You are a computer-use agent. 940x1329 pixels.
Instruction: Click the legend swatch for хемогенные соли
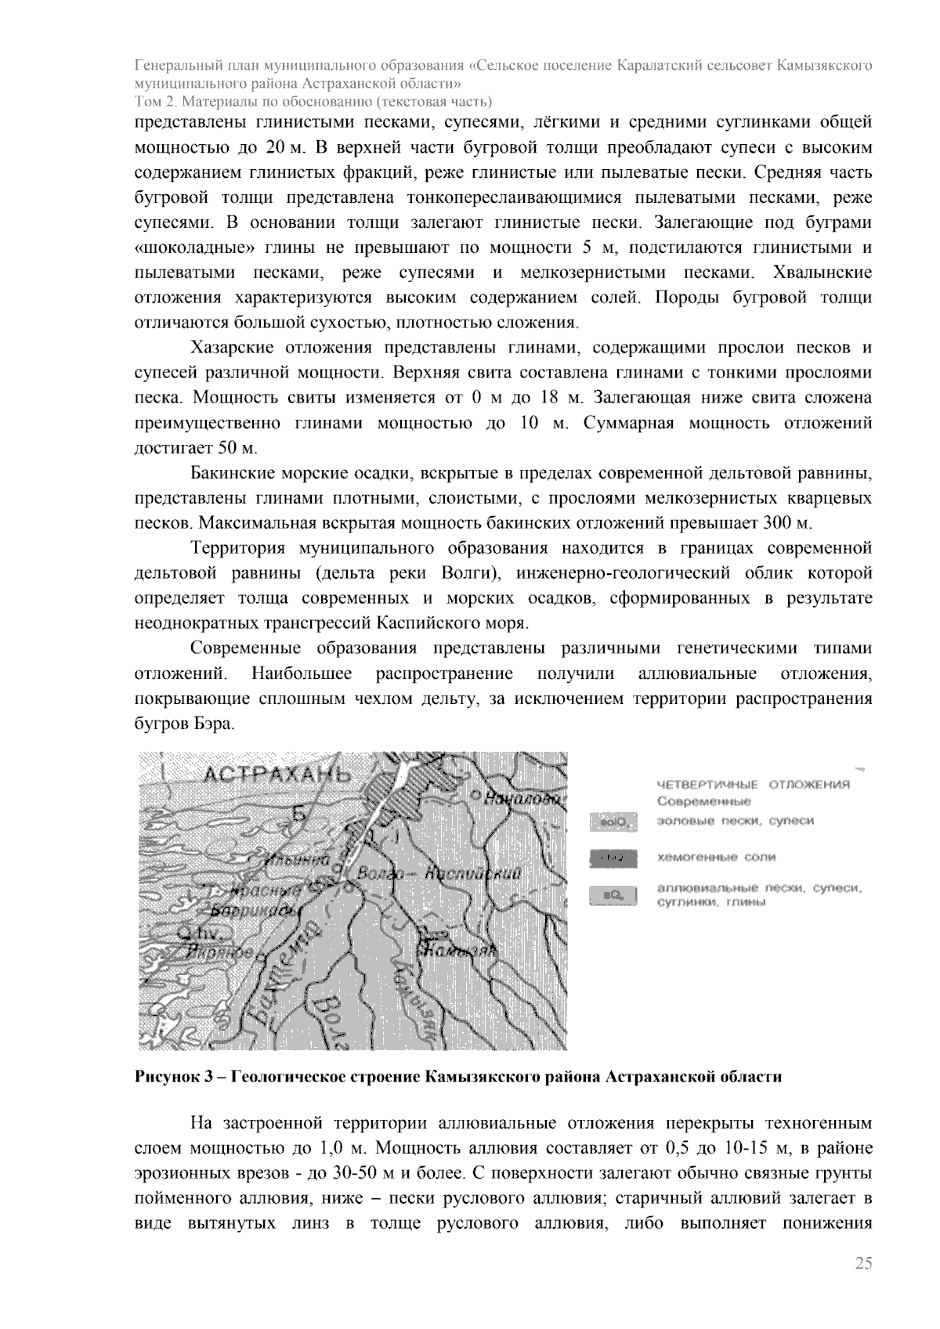pyautogui.click(x=612, y=858)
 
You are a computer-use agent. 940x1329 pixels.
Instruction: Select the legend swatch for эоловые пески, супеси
pyautogui.click(x=612, y=822)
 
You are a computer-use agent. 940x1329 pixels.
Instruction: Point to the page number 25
pyautogui.click(x=863, y=1262)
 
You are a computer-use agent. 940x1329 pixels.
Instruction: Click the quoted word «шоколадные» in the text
pyautogui.click(x=175, y=248)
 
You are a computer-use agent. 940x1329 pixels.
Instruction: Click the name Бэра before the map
pyautogui.click(x=213, y=724)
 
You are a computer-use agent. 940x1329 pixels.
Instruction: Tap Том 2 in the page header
pyautogui.click(x=154, y=102)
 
